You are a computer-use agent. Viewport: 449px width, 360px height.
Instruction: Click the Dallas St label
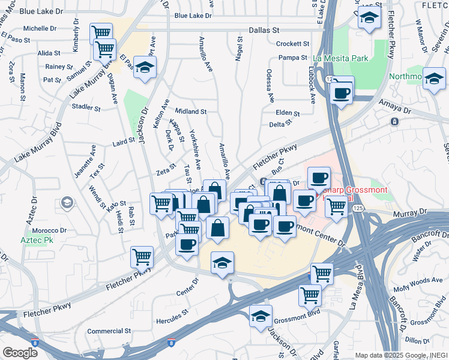(x=265, y=29)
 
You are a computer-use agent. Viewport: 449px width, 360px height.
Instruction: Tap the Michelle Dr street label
(x=40, y=28)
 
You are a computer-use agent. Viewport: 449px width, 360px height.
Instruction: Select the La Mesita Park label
(x=340, y=59)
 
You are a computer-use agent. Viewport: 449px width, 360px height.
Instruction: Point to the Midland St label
(x=191, y=112)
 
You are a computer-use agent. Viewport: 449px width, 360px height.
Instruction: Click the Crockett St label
(x=292, y=44)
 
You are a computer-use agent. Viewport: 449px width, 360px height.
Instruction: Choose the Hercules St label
(x=173, y=312)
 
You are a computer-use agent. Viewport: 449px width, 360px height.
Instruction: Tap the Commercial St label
(x=109, y=331)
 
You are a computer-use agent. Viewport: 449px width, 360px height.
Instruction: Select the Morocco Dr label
(x=49, y=230)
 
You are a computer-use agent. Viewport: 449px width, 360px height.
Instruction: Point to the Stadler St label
(x=85, y=107)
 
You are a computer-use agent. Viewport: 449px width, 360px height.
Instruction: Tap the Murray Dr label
(x=409, y=212)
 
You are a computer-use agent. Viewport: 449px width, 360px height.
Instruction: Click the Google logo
(x=20, y=352)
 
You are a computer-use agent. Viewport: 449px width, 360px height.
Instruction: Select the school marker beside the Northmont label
(x=434, y=79)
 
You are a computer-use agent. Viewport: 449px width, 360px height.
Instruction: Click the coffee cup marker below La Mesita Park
(x=342, y=92)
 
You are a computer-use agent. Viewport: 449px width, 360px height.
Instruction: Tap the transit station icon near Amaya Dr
(x=394, y=121)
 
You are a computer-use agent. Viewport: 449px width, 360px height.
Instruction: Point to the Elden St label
(x=288, y=112)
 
